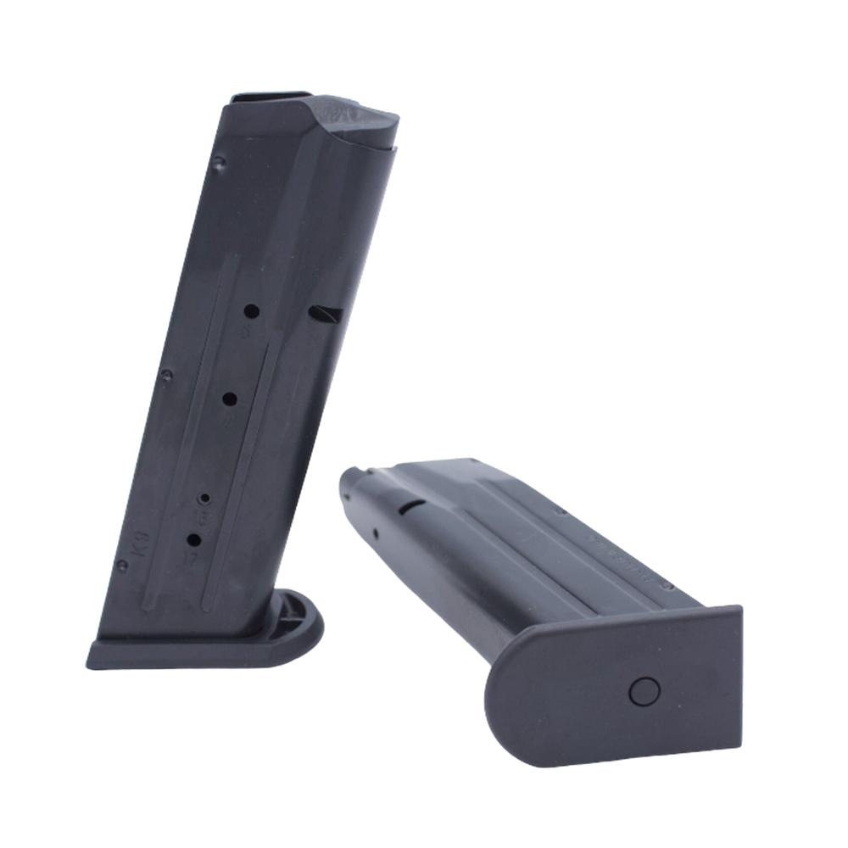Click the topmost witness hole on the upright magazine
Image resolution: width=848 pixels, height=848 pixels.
click(x=252, y=310)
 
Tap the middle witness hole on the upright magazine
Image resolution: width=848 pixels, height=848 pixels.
click(x=230, y=397)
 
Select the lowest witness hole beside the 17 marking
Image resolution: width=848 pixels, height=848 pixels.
click(x=193, y=540)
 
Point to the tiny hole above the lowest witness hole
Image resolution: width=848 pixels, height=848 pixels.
click(x=204, y=497)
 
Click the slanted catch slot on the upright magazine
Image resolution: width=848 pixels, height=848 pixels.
click(x=326, y=315)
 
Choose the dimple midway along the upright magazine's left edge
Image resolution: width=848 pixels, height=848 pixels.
click(x=167, y=374)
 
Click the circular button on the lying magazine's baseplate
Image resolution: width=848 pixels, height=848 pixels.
click(x=644, y=691)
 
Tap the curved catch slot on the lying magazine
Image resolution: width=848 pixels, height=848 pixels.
click(x=413, y=506)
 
